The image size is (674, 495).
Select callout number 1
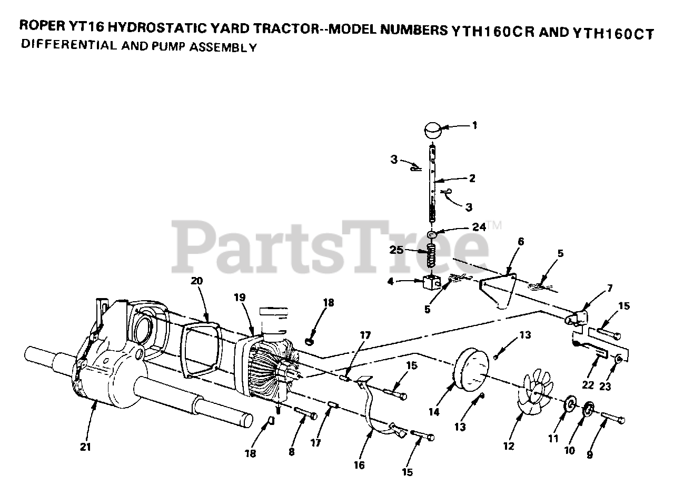point(474,125)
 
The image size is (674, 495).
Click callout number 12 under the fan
point(508,446)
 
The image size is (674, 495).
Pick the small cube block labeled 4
point(432,282)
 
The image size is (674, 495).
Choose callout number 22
point(588,385)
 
